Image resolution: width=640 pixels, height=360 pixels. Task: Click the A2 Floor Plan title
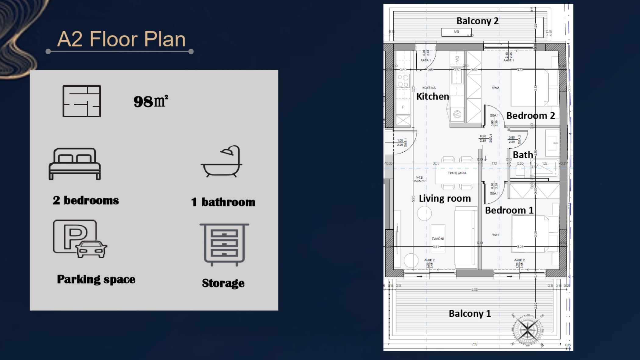(x=121, y=39)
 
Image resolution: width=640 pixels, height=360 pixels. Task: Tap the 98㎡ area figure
(x=151, y=101)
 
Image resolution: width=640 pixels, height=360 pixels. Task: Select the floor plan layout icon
(x=82, y=101)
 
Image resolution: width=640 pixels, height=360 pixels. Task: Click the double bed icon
(x=75, y=164)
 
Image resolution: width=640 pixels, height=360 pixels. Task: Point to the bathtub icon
(x=222, y=161)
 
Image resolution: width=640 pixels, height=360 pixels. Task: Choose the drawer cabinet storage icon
(x=224, y=245)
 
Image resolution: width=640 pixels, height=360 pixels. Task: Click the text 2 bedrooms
(x=86, y=200)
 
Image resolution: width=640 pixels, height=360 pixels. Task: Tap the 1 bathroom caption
(x=223, y=202)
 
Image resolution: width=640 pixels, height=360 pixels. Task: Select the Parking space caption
(x=96, y=279)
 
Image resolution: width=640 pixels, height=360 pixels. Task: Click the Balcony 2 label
(x=477, y=21)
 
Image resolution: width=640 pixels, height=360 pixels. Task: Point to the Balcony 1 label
(x=470, y=313)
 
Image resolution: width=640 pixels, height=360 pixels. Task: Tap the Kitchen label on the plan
(x=432, y=97)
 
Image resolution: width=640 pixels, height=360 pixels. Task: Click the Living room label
(x=445, y=199)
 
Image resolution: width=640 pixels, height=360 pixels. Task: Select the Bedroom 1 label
(x=509, y=210)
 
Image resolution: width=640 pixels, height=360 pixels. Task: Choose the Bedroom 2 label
(x=531, y=116)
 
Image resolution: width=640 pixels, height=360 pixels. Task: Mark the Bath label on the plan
(x=523, y=155)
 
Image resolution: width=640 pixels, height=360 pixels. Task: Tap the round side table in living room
(x=424, y=213)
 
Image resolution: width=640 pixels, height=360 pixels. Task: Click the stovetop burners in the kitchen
(x=403, y=81)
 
